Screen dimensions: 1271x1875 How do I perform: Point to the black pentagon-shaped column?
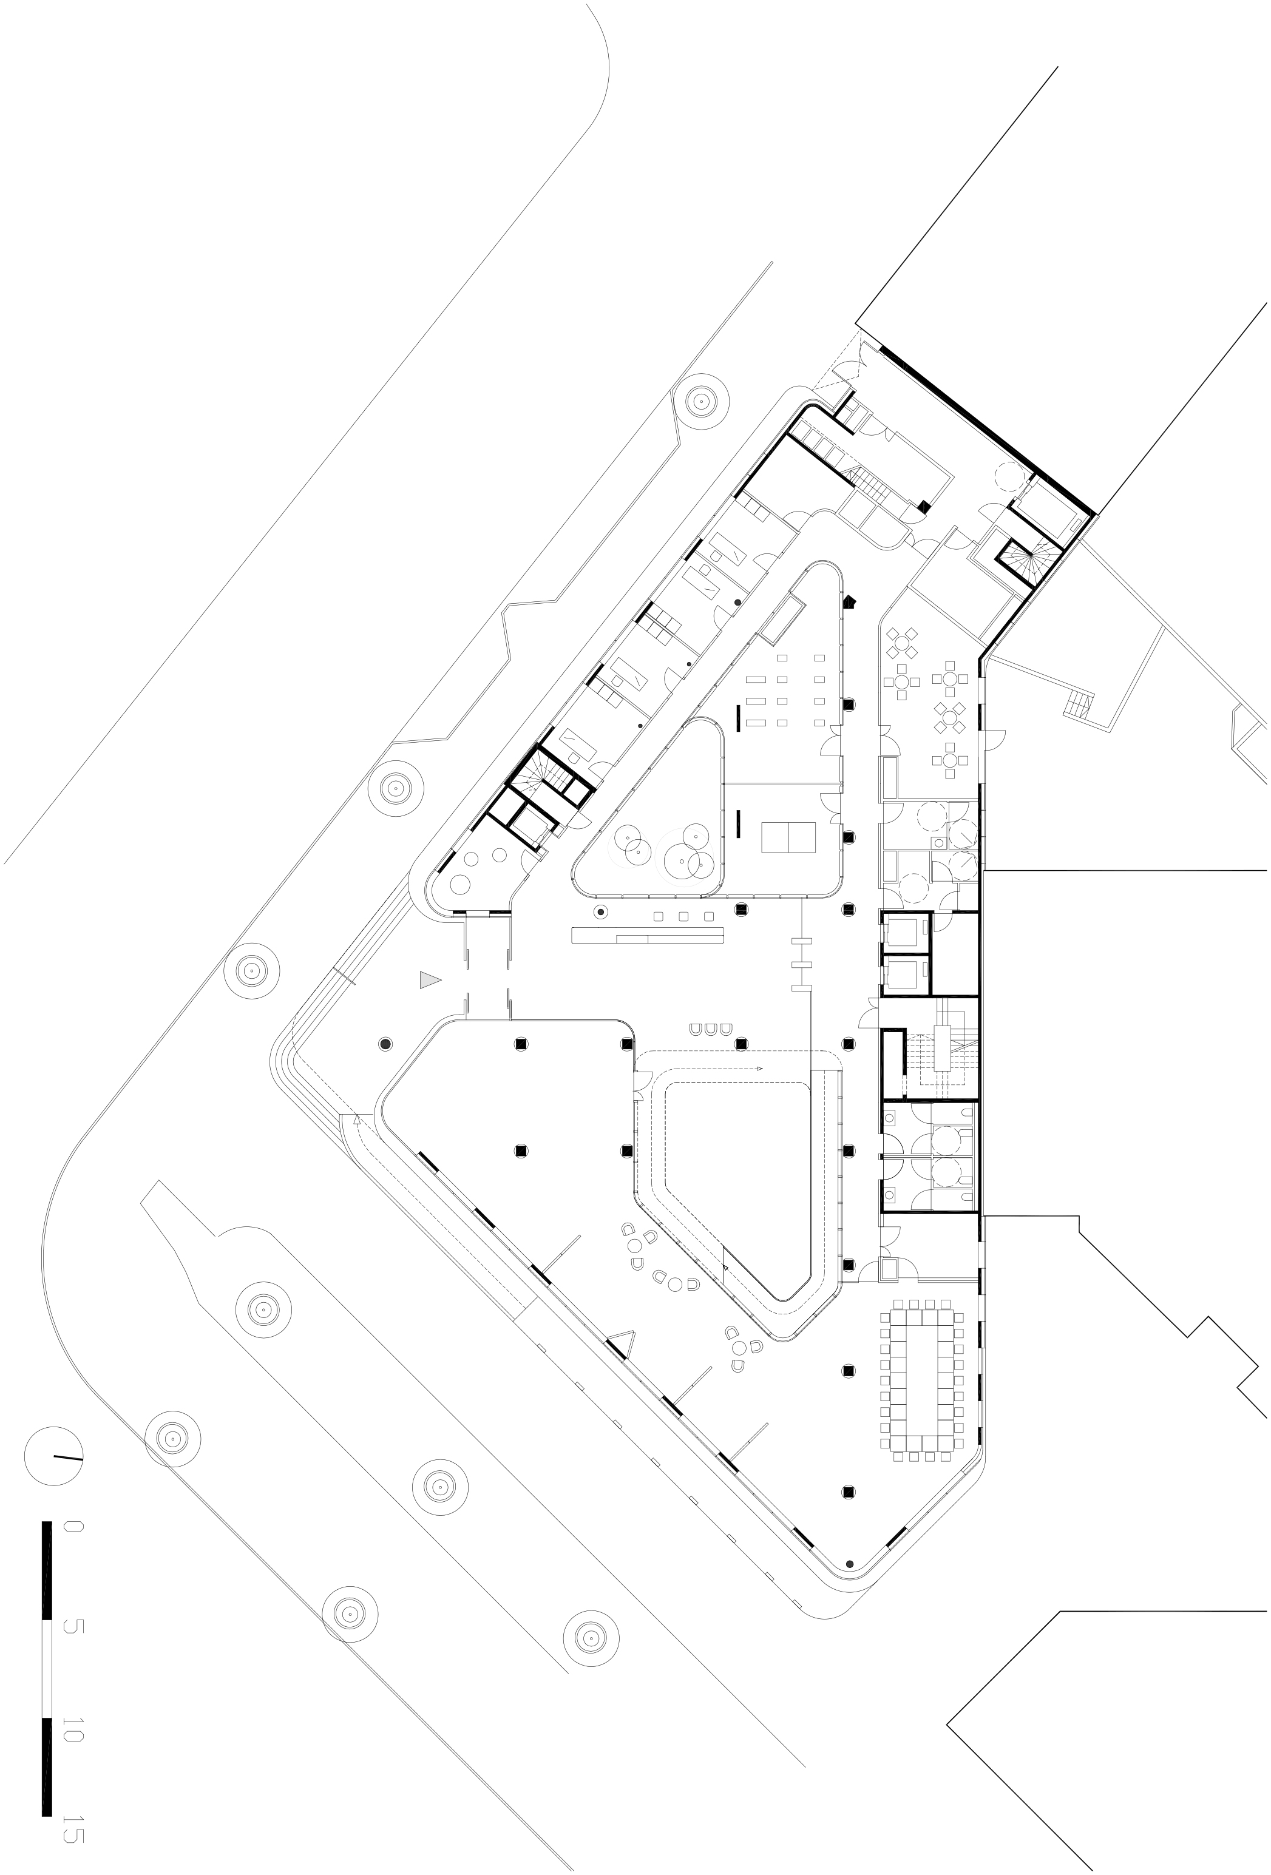tap(849, 602)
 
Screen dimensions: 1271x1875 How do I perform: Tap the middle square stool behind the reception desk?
tap(683, 916)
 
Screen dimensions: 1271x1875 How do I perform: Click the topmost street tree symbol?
tap(700, 399)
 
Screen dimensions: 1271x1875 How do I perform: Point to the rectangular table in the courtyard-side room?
tap(788, 837)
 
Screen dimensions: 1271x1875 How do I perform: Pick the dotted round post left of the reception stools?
tap(600, 913)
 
